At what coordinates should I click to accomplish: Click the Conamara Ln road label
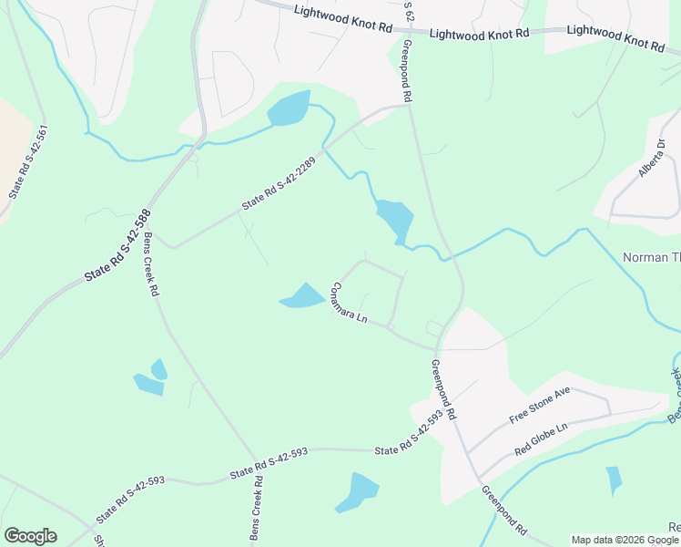coord(350,304)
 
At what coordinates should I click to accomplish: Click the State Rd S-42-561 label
coord(27,162)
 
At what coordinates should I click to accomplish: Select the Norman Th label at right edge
coord(651,257)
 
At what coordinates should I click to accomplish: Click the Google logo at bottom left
coord(30,535)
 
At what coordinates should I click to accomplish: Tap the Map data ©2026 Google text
coord(625,540)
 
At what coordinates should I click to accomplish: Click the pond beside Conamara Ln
coord(303,296)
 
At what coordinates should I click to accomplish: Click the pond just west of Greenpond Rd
coord(395,219)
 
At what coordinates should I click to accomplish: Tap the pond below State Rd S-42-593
coord(358,491)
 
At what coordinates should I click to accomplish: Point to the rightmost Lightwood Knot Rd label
coord(616,36)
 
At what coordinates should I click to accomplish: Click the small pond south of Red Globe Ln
coord(615,480)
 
